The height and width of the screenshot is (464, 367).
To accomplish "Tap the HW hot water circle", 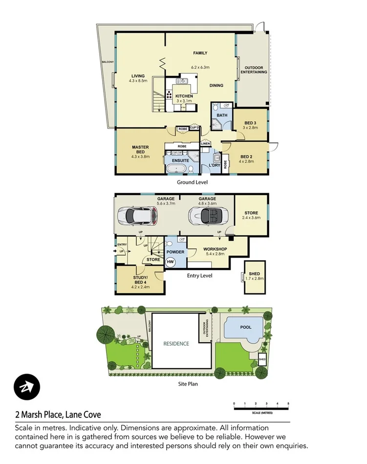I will (x=171, y=262).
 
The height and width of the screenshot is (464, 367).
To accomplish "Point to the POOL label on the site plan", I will (x=246, y=327).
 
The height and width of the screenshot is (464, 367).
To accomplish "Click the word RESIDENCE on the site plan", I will (x=176, y=344).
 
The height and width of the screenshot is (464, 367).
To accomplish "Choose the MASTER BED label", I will (x=140, y=149).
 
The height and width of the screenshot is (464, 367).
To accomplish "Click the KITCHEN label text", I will (x=184, y=96).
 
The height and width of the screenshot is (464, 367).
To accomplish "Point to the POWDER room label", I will (x=175, y=252).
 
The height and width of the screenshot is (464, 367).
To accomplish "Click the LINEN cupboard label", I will (x=205, y=144).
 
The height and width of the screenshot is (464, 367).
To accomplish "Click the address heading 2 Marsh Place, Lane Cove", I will (x=58, y=415).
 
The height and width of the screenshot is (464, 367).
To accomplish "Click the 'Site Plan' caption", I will (x=188, y=384).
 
